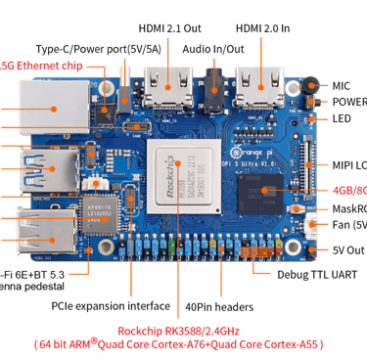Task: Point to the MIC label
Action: coord(341,85)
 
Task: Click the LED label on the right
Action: coord(342,118)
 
